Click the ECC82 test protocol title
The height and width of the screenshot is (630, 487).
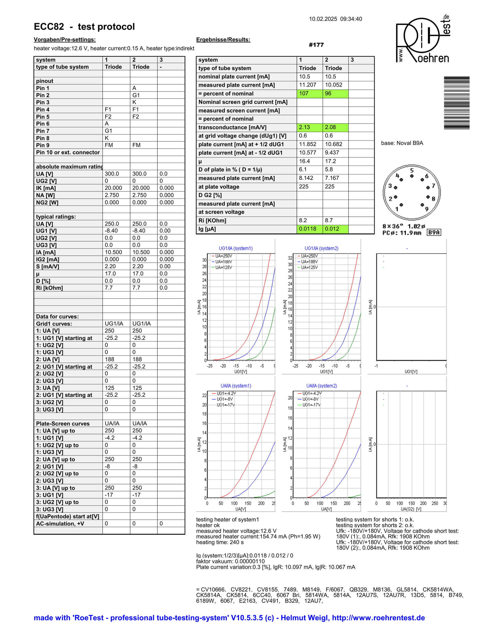[84, 27]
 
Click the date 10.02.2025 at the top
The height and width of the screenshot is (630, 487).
[323, 19]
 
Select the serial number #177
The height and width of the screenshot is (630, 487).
[316, 45]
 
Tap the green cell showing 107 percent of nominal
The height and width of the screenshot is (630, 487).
[309, 94]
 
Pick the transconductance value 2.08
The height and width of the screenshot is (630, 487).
[335, 127]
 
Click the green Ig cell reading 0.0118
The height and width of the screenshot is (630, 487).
[309, 229]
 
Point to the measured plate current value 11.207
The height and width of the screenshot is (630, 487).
[308, 85]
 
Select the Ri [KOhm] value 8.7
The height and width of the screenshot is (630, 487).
[329, 220]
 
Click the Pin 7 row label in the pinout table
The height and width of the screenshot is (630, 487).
[43, 131]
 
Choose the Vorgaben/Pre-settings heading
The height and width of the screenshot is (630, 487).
[65, 40]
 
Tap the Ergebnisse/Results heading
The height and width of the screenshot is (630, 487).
[223, 40]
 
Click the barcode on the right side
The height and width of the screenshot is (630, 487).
[456, 103]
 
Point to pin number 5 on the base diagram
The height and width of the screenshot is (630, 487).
[412, 170]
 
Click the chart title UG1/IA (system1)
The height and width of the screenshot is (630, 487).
[235, 248]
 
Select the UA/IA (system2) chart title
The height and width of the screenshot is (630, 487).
[321, 386]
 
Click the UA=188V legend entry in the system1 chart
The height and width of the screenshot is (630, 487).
[223, 262]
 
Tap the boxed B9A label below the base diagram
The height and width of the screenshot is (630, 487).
[434, 232]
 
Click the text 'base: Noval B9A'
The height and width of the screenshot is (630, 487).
[402, 143]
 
